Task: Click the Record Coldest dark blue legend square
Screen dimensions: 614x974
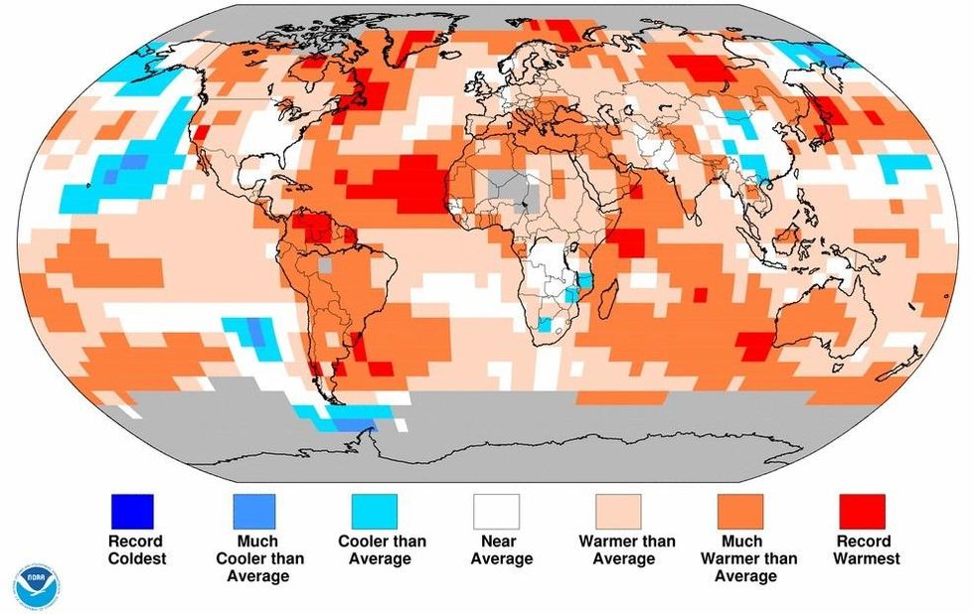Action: (132, 512)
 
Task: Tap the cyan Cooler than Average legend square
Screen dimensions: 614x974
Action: (375, 512)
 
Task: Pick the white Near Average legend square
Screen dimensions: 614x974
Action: (496, 512)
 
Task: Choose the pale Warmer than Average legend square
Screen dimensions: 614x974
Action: (618, 512)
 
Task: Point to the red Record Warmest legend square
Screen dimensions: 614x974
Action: (862, 512)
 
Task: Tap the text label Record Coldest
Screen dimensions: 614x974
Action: (135, 549)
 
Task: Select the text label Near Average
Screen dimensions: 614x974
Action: (496, 549)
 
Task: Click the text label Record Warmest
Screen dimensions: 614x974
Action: (868, 549)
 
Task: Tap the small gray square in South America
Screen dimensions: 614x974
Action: (324, 266)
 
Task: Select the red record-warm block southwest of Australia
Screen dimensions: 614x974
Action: (754, 345)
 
